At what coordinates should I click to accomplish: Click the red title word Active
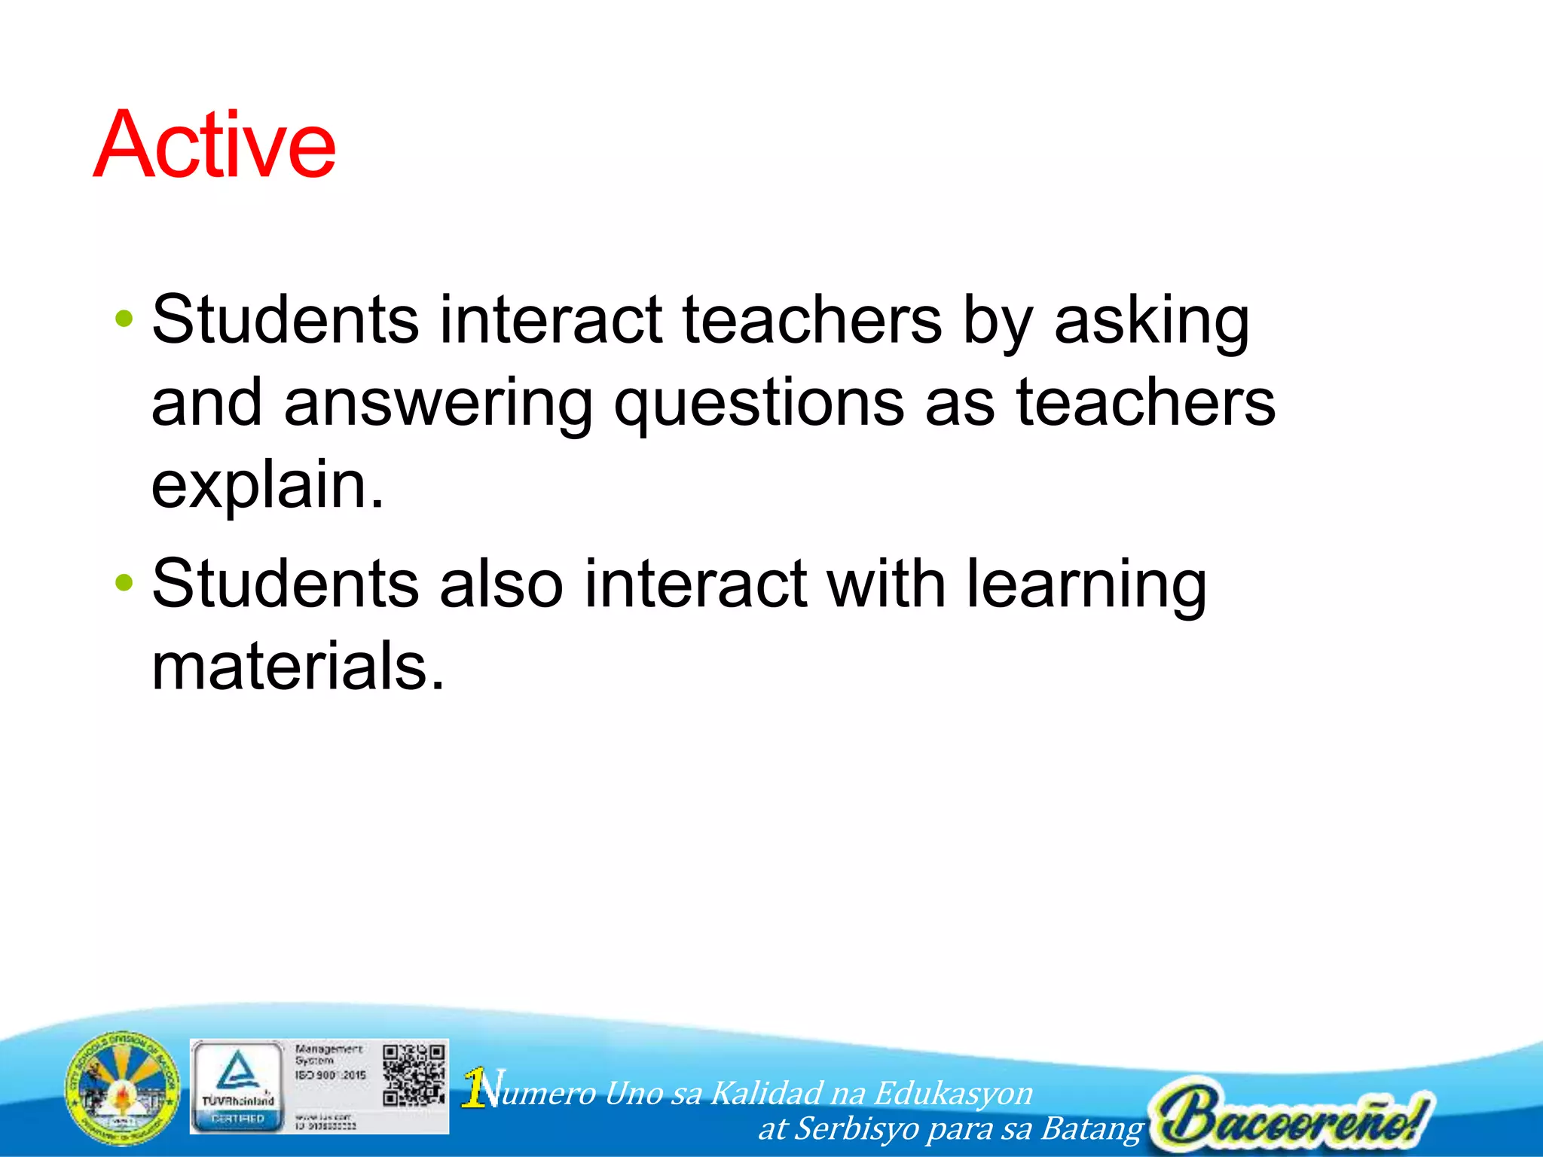pyautogui.click(x=215, y=145)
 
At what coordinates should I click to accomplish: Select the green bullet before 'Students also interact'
pyautogui.click(x=124, y=582)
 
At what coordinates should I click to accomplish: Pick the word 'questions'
pyautogui.click(x=759, y=404)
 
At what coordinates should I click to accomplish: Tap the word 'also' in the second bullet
pyautogui.click(x=501, y=584)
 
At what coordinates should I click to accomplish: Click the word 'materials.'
pyautogui.click(x=298, y=667)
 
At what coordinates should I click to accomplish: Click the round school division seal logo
pyautogui.click(x=123, y=1088)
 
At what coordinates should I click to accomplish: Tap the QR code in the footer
pyautogui.click(x=414, y=1075)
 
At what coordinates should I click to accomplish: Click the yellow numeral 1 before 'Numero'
pyautogui.click(x=474, y=1088)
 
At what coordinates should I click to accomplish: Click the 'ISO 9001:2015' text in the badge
pyautogui.click(x=330, y=1075)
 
